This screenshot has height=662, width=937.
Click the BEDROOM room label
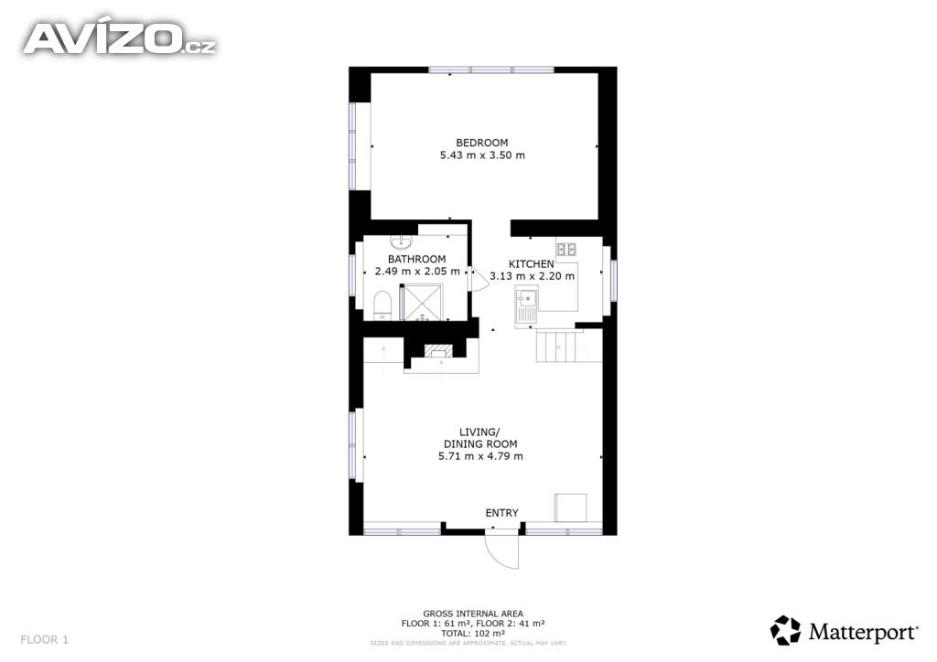coord(481,143)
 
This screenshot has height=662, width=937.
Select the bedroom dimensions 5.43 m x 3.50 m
coord(482,155)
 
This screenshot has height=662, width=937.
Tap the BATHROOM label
coord(416,259)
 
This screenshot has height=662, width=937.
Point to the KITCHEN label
coord(532,264)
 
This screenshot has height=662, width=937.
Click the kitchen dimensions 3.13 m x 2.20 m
coord(532,276)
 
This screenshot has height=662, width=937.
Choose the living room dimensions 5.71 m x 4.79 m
coord(480,456)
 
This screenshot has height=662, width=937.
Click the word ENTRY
coord(502,513)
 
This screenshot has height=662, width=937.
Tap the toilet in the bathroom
coord(382,305)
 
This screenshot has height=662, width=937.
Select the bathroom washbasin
coord(401,241)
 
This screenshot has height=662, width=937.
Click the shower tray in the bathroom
coord(422,302)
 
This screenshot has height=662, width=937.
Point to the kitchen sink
coord(526,306)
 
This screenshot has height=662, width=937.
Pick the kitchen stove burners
coord(565,249)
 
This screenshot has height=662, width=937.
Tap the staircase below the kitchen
coord(560,346)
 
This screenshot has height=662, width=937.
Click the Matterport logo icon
coord(785,630)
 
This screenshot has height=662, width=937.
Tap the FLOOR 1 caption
coord(44,639)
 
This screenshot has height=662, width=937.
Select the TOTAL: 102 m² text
coord(473,634)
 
